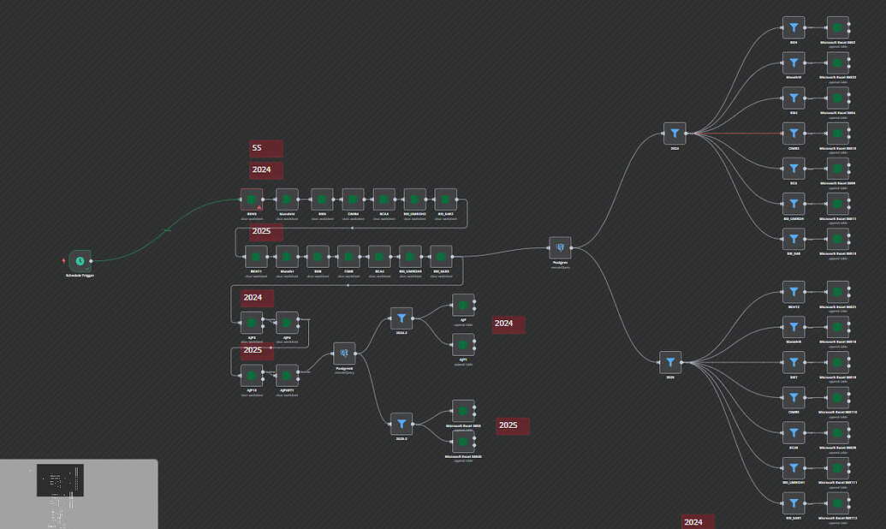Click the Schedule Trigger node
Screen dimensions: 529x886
80,260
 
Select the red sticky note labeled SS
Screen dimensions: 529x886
265,149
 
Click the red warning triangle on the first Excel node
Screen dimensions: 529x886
259,207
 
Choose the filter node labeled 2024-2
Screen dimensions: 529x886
401,318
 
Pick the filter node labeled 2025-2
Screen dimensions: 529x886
401,423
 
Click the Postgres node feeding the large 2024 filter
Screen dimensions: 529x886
560,248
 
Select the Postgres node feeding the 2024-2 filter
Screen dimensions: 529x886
344,353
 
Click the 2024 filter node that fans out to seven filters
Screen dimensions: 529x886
675,133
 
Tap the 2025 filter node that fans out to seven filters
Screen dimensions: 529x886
670,362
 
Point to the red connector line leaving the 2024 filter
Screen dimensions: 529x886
736,134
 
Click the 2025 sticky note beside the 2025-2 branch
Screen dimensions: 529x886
512,425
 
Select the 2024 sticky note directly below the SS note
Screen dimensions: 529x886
265,170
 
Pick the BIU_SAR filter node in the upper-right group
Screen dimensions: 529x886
794,239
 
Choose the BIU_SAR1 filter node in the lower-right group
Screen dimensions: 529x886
794,503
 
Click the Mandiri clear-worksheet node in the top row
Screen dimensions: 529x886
287,199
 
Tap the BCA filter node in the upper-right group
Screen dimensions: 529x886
794,169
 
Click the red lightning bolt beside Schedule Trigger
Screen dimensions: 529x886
64,260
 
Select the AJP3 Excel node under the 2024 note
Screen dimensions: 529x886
252,322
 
